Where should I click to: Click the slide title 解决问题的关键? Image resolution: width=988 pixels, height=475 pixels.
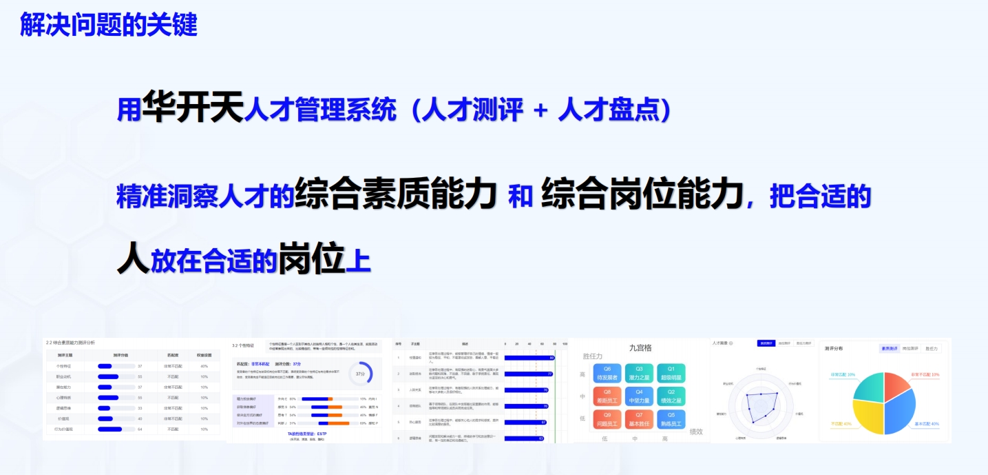[x=109, y=25]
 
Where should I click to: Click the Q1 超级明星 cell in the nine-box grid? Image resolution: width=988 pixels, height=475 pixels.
[x=671, y=373]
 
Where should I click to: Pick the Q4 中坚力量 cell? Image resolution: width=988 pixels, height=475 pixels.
[x=639, y=396]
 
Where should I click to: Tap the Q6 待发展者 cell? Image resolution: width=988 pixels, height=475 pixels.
[x=607, y=373]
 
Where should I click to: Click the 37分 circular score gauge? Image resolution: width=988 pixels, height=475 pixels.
[x=359, y=373]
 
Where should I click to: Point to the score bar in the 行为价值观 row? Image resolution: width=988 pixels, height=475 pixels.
[x=109, y=429]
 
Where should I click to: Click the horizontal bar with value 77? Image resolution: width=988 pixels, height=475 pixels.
[x=528, y=374]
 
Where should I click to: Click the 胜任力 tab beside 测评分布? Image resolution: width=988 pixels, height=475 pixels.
[x=931, y=349]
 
